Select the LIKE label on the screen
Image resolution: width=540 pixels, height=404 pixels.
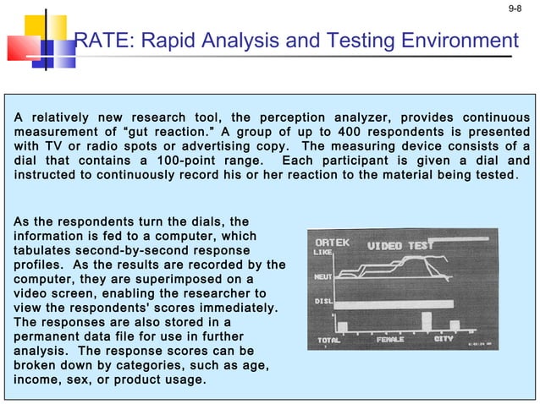pos(322,253)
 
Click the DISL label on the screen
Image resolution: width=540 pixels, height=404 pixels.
pos(322,300)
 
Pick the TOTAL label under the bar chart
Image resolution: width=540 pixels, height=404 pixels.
pos(328,339)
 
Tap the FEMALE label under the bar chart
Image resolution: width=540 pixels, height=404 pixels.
pos(390,339)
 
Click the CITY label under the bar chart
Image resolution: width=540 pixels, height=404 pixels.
pos(443,339)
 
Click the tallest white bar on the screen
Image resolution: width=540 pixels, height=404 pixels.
pos(426,322)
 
